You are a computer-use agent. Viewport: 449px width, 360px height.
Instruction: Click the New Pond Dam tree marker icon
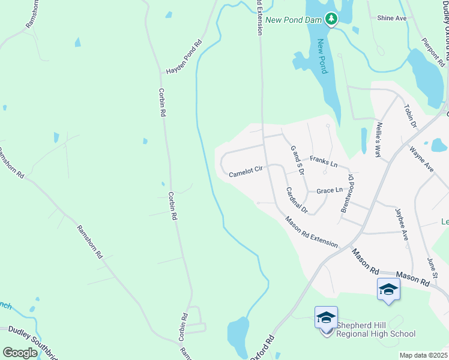(331, 19)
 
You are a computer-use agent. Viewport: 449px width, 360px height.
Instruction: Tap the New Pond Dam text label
(294, 20)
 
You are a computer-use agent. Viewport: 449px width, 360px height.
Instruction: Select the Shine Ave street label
(392, 19)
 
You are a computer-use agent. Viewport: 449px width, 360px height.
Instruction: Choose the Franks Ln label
(324, 161)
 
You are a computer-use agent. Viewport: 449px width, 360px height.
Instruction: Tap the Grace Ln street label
(330, 191)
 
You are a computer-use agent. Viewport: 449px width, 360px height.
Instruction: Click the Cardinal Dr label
(297, 201)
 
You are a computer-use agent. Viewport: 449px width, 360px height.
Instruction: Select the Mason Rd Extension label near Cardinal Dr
(312, 232)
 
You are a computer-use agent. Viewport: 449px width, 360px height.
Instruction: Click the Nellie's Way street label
(378, 140)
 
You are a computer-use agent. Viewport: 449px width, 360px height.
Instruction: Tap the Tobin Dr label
(411, 116)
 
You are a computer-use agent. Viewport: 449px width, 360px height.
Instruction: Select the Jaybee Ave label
(401, 224)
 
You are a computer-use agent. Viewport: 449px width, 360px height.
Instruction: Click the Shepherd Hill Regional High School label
(376, 330)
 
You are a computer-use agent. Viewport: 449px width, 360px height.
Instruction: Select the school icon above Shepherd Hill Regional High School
(326, 317)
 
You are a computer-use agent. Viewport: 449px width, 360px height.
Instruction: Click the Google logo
(19, 353)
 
